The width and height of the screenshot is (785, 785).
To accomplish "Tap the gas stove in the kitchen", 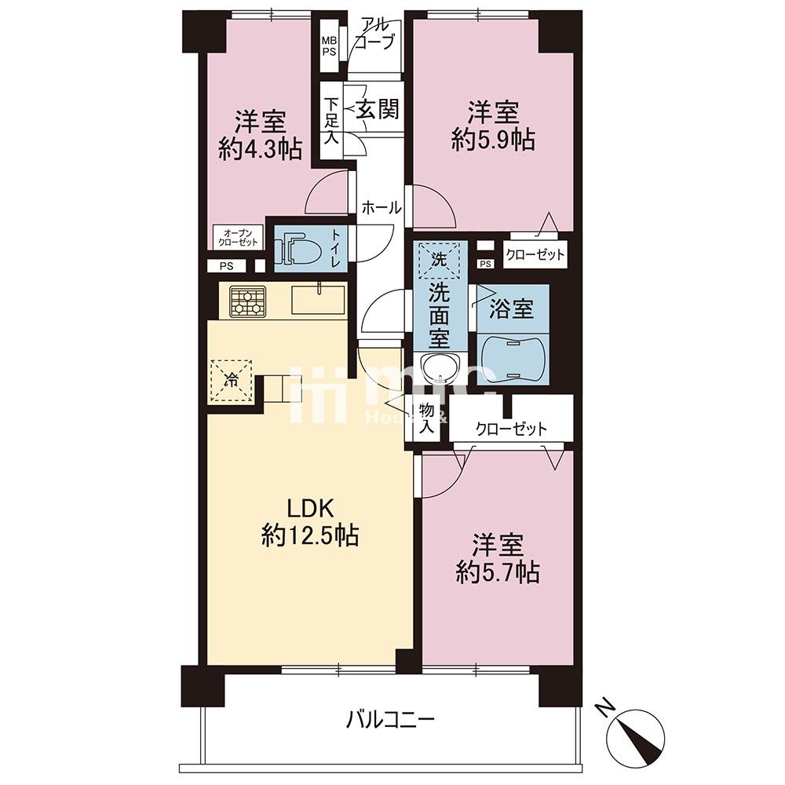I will [247, 302].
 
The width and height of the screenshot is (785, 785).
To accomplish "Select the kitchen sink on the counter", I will [317, 300].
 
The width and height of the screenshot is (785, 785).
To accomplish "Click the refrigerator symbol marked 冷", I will [231, 382].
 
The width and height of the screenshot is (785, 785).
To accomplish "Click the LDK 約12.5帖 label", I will [310, 522].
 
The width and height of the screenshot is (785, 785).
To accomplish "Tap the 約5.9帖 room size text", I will [493, 140].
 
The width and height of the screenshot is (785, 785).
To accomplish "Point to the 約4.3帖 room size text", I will [261, 148].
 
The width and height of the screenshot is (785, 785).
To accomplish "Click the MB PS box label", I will [329, 46].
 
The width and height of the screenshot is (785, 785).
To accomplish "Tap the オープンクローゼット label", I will [238, 237].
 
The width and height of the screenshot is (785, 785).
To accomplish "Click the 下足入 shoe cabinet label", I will [332, 120].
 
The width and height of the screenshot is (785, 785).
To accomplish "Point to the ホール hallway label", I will [382, 208].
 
